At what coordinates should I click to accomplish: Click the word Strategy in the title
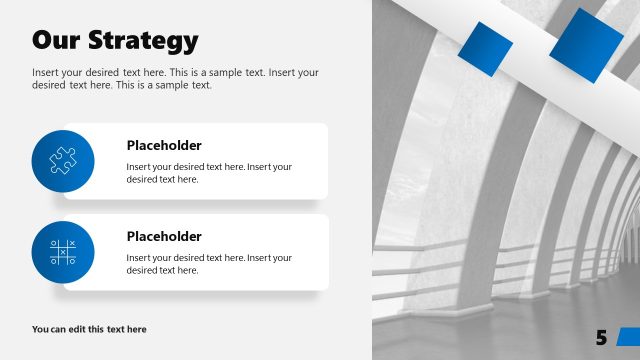(x=143, y=41)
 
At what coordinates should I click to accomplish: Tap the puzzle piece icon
(x=63, y=160)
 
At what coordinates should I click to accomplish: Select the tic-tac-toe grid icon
(x=63, y=252)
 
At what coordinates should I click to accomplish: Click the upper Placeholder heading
(x=164, y=144)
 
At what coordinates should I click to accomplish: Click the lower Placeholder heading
(x=164, y=236)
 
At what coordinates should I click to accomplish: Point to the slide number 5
(x=601, y=338)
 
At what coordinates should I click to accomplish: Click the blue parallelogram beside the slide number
(x=627, y=336)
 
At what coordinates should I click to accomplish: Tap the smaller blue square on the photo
(x=485, y=49)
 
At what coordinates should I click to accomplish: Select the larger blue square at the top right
(x=587, y=45)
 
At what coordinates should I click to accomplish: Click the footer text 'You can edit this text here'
(x=89, y=329)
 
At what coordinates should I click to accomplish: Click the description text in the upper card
(x=209, y=173)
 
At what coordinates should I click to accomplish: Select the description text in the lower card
(x=209, y=264)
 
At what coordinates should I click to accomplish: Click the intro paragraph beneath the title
(x=175, y=79)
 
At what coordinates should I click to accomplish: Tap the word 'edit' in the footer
(x=81, y=329)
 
